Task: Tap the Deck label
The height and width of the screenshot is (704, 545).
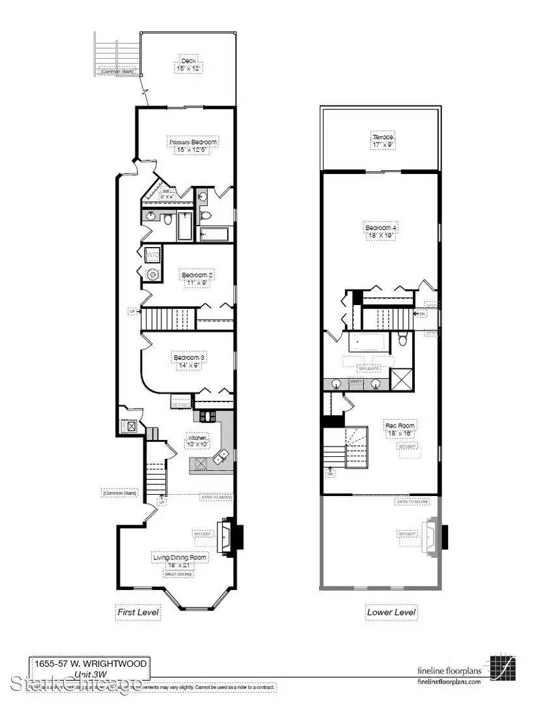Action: click(188, 61)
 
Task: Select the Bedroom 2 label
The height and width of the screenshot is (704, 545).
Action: click(197, 276)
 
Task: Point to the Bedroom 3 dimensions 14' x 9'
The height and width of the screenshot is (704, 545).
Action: click(189, 366)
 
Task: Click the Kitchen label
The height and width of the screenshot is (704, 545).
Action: click(198, 437)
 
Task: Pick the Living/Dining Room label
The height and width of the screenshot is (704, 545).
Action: click(179, 557)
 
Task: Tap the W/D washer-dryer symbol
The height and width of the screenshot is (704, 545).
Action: click(152, 255)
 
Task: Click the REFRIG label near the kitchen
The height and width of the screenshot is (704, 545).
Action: click(180, 404)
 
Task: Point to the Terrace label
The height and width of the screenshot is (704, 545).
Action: click(383, 138)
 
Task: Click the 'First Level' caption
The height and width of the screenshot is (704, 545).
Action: click(137, 612)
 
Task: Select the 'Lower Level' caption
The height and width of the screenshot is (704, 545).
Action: click(391, 612)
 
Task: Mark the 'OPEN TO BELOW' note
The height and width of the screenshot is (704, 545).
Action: click(412, 501)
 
